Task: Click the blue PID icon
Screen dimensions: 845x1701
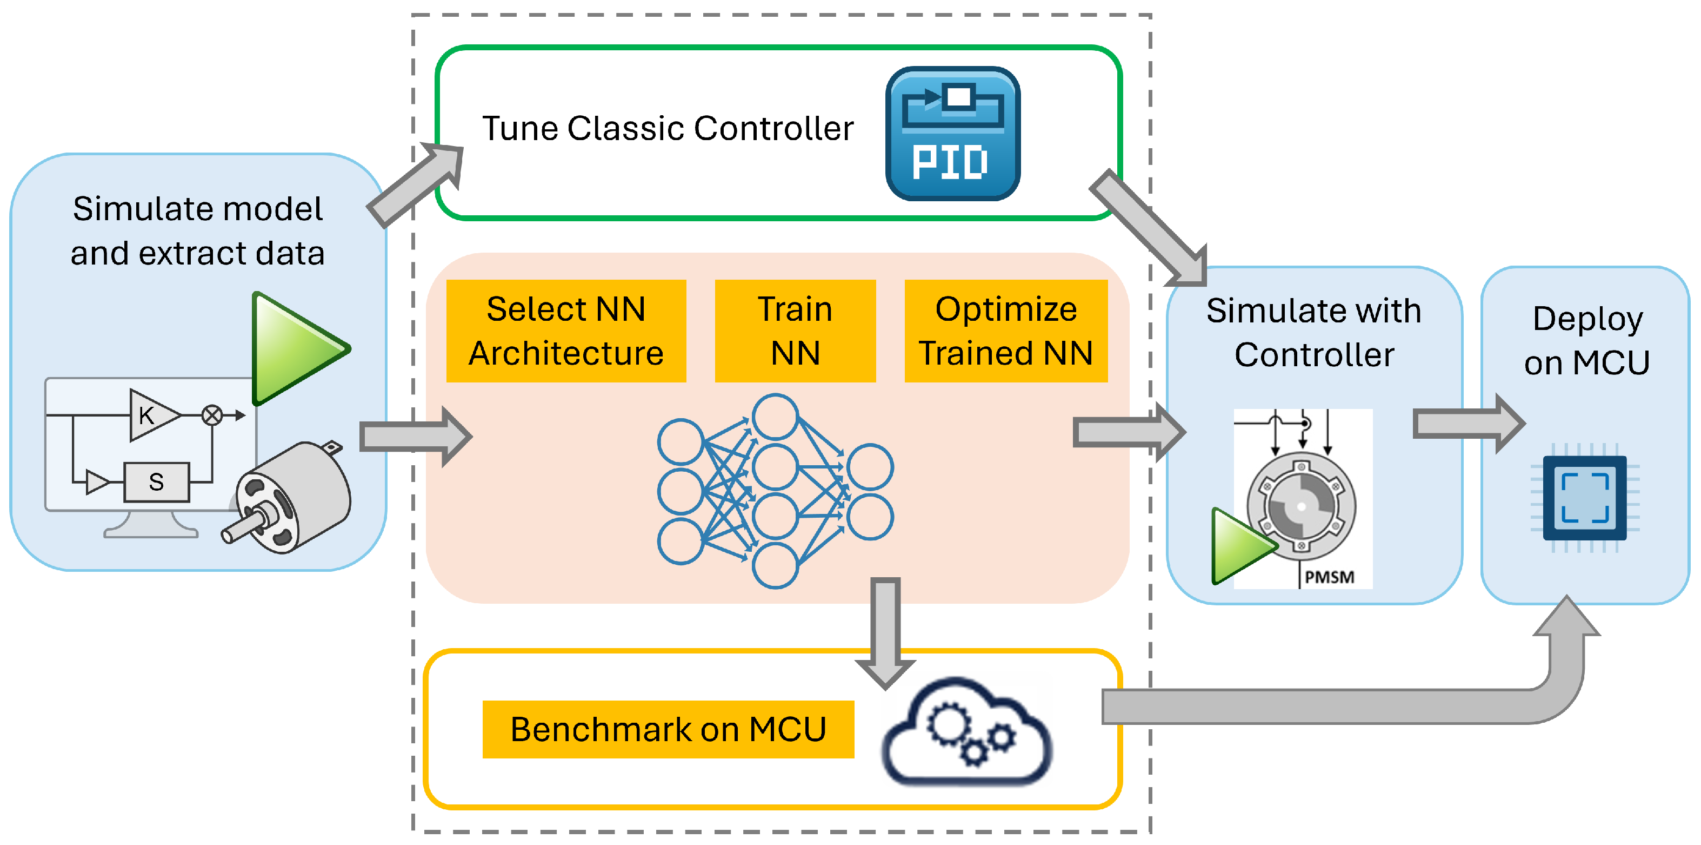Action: click(x=952, y=134)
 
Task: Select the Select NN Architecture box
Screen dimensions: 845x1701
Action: click(x=566, y=331)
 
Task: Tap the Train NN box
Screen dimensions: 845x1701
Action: click(x=795, y=331)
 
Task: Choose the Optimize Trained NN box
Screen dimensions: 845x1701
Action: click(x=1006, y=331)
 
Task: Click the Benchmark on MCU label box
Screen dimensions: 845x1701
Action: click(x=668, y=729)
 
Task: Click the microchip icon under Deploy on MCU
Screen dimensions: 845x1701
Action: click(x=1584, y=498)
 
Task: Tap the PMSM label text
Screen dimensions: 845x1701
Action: click(x=1329, y=577)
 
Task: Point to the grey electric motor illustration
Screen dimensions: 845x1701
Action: click(x=291, y=497)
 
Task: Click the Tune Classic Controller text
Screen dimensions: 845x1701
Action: click(x=668, y=128)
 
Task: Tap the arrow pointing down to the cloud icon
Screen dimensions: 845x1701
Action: click(x=885, y=634)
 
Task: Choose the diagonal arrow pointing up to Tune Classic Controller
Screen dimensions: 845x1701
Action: click(x=416, y=185)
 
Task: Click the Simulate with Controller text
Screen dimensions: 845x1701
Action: click(x=1314, y=332)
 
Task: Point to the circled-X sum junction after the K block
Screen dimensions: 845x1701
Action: click(x=212, y=415)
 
